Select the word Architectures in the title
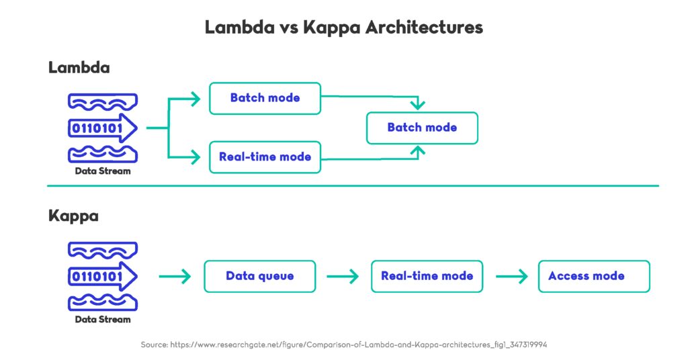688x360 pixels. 417,28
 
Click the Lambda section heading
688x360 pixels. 79,68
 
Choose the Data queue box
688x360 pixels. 259,276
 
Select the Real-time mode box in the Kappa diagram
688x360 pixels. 427,276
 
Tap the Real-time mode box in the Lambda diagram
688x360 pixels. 265,157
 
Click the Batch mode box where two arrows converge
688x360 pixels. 422,128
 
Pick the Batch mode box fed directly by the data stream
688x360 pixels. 265,98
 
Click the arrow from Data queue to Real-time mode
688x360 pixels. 343,276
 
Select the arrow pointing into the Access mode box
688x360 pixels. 511,276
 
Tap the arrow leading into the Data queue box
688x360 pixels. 175,276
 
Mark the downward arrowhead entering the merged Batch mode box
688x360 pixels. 419,105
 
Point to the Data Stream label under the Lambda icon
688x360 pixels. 102,171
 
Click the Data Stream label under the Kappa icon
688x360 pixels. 102,320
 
